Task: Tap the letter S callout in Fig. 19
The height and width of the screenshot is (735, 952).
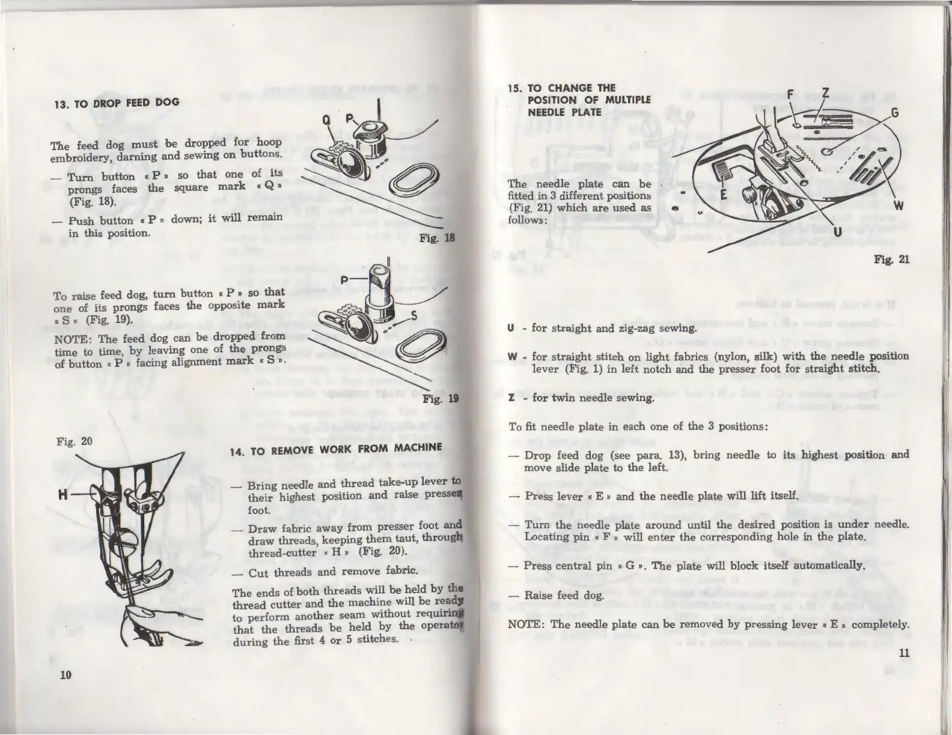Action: tap(414, 317)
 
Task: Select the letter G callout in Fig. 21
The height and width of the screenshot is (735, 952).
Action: tap(894, 112)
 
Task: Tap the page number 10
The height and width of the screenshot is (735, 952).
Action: tap(66, 674)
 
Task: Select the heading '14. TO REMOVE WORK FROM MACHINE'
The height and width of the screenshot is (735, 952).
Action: tap(336, 448)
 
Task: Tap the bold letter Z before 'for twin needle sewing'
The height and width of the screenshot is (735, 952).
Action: tap(511, 398)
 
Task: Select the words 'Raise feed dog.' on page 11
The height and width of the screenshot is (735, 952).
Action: tap(560, 595)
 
